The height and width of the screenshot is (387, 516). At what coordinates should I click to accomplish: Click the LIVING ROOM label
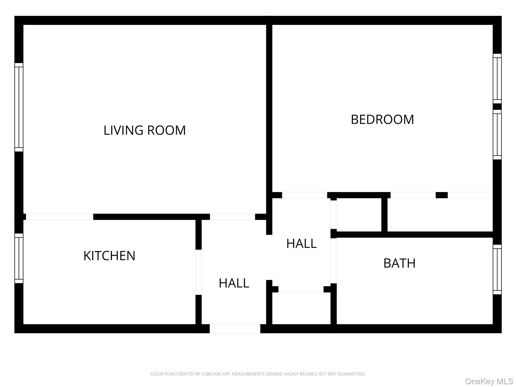point(145,130)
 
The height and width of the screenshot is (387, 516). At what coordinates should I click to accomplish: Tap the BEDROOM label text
point(382,119)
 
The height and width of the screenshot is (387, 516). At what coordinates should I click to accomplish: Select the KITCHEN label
point(109,256)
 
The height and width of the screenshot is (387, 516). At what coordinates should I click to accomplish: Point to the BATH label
point(399,263)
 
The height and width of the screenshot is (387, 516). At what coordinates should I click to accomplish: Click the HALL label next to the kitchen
point(234,283)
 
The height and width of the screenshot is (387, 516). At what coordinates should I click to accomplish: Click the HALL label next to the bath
point(301,243)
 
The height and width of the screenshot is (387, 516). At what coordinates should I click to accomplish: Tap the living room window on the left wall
point(19,107)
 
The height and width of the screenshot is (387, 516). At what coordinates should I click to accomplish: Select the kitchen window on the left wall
point(19,258)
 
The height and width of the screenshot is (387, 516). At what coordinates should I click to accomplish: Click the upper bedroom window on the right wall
point(497,78)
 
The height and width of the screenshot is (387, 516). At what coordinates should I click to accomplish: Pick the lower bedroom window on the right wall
point(497,134)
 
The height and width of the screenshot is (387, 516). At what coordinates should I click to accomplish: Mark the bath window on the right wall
point(497,269)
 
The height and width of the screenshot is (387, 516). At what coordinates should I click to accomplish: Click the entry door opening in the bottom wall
point(235,329)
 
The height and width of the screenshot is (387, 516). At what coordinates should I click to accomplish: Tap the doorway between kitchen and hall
point(199,272)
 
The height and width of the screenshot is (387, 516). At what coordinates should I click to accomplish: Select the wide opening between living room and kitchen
point(59,217)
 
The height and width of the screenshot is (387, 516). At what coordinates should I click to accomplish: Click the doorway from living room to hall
point(232,217)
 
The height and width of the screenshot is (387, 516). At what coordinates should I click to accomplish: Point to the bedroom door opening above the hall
point(304,195)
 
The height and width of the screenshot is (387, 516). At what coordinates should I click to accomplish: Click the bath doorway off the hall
point(333,261)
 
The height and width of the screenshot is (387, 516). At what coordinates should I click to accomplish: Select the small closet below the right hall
point(301,308)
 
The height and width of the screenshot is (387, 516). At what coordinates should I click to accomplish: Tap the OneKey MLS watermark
point(489,381)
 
